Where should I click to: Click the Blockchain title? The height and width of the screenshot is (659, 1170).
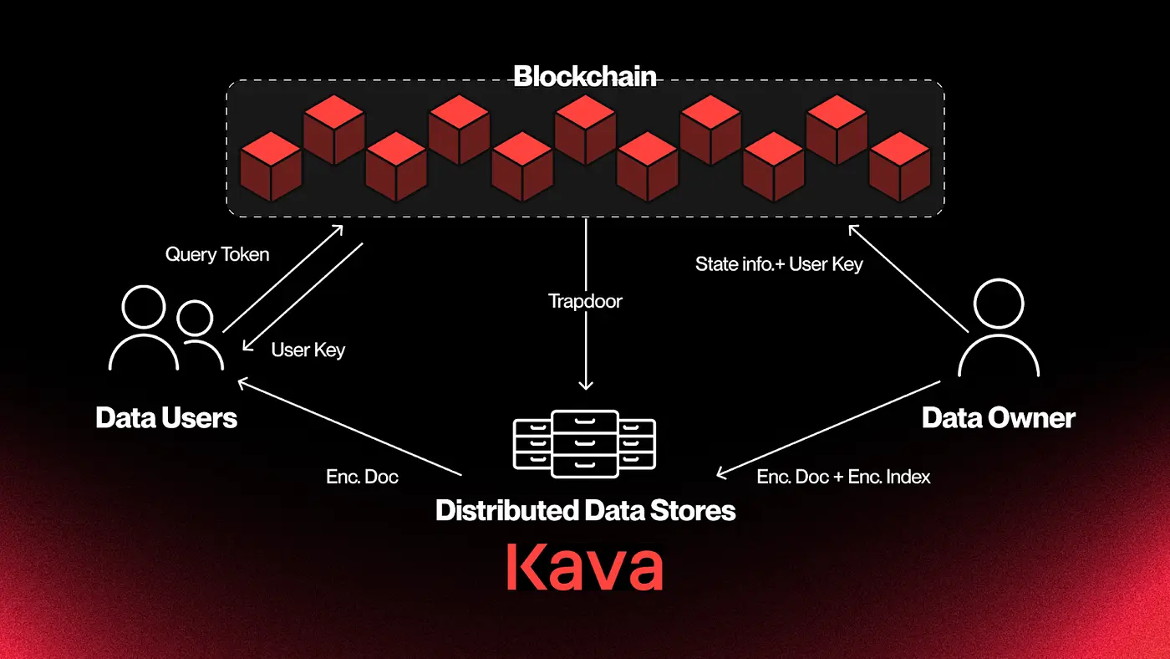584,76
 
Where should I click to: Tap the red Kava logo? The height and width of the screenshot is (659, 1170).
585,567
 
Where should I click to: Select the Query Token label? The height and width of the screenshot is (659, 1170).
217,254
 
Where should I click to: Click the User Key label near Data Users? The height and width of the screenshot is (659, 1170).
308,350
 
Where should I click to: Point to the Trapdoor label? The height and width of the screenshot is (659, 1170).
585,301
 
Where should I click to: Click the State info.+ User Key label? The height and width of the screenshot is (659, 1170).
779,264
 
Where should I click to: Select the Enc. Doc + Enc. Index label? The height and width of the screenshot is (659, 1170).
843,477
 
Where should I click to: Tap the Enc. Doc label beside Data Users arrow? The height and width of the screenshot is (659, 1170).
362,477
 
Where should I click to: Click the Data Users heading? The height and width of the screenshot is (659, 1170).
166,418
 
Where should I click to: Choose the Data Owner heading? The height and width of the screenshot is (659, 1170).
998,418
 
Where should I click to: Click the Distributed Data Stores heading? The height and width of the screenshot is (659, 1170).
586,510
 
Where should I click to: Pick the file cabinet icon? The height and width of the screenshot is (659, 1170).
584,444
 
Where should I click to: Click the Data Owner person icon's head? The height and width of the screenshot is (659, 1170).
999,304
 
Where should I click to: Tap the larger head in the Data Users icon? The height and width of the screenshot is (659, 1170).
144,307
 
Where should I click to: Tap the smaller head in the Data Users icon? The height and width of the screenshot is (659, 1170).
195,318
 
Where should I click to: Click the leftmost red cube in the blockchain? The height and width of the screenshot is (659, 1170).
271,166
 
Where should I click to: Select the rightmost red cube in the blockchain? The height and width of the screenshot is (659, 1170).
900,166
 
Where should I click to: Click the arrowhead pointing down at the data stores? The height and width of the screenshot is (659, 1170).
586,386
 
